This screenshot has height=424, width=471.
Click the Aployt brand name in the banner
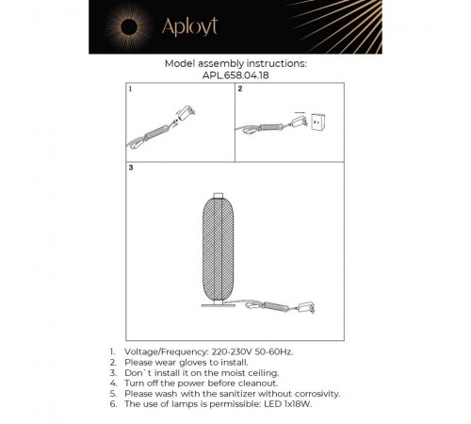coord(189,26)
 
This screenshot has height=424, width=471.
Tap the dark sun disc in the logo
coord(129,26)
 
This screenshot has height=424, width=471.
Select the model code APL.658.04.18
coord(235,75)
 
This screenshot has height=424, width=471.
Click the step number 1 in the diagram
coord(130,89)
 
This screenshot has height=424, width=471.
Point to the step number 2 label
coord(240,89)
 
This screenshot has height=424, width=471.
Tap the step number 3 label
coord(131,168)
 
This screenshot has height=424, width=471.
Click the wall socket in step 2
coord(317,122)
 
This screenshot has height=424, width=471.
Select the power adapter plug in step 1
coord(186,112)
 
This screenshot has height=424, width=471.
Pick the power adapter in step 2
coord(299,122)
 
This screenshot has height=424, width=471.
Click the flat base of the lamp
coord(219,305)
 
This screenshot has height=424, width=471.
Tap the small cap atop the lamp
coord(219,196)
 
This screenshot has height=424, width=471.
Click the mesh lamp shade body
coord(219,249)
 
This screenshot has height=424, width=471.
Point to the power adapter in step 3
coord(306,306)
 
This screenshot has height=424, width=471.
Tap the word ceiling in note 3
coord(263,373)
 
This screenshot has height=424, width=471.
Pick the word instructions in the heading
coord(276,64)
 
